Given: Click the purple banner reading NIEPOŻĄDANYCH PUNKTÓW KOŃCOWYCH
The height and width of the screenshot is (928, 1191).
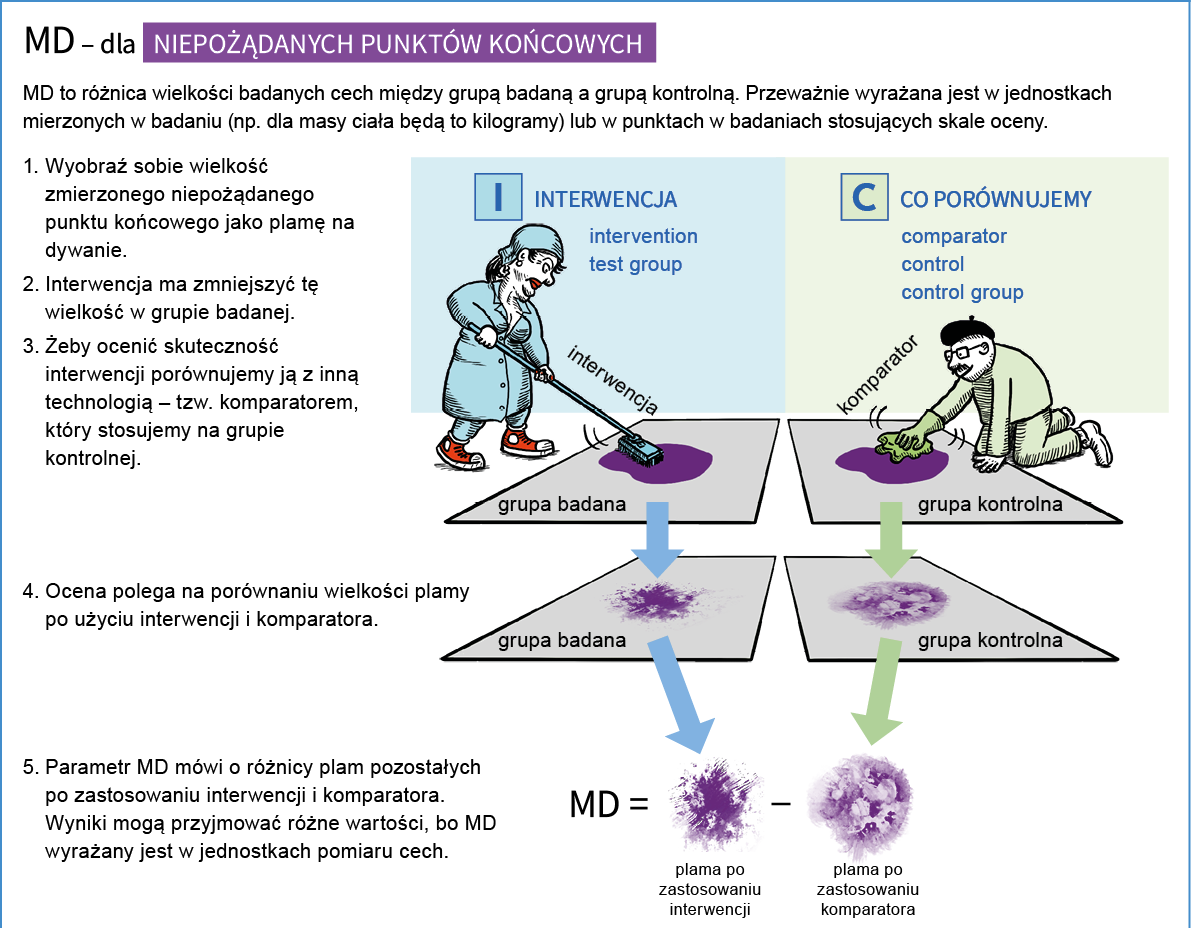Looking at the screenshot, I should coord(399,43).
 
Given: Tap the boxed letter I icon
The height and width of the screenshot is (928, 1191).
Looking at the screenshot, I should coord(497,196).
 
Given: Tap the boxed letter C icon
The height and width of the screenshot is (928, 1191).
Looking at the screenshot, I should coord(864,196).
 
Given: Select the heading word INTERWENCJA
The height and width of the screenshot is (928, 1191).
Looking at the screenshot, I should coord(605,199).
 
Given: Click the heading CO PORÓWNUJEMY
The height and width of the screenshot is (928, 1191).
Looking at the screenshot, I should coord(995,199).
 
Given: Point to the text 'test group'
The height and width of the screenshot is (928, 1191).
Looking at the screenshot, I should coord(635,264).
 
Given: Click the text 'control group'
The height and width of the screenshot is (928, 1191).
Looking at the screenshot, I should coord(962,292).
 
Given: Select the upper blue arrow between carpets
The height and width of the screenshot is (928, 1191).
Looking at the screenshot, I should coord(657,536).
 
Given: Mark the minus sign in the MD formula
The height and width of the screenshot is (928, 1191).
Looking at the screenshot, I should coord(782,803).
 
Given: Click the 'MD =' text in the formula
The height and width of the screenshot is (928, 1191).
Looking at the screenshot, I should coord(609,803).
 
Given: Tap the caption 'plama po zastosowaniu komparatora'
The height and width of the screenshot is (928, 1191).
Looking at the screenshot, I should coord(868,890).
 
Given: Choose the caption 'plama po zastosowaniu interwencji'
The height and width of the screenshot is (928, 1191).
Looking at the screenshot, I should coord(710,890).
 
